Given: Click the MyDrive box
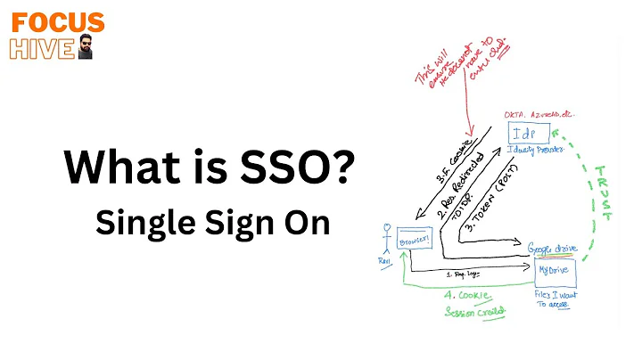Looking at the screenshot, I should [553, 269].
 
